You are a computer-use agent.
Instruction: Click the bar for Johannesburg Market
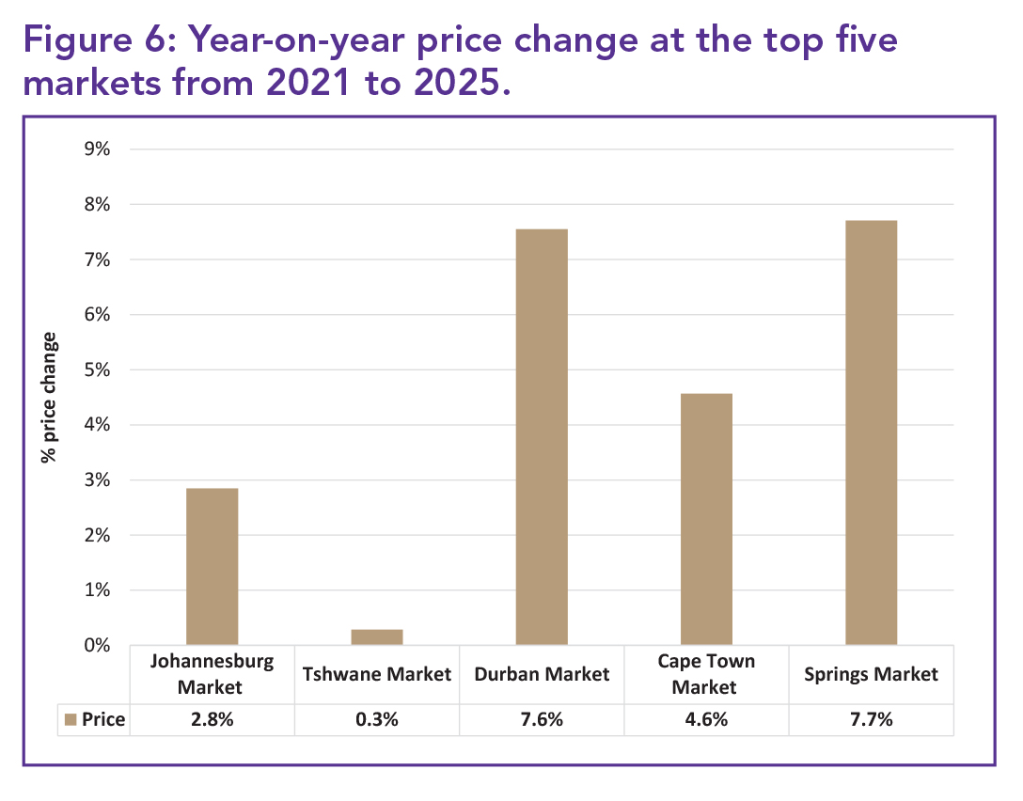click(x=212, y=567)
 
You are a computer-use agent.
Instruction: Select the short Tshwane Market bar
click(x=376, y=637)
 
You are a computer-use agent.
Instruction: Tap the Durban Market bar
click(x=541, y=437)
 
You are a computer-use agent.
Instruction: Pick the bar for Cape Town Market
click(x=706, y=519)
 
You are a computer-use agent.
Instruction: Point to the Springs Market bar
click(x=871, y=432)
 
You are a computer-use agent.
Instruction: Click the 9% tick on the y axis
click(x=98, y=149)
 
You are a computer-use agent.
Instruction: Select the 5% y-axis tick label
click(x=98, y=370)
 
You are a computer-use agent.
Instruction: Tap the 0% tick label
click(x=98, y=646)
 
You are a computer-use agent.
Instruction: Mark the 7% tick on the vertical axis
click(x=98, y=259)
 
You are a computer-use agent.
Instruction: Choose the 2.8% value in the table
click(x=212, y=720)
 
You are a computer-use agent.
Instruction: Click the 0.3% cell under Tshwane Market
click(x=376, y=720)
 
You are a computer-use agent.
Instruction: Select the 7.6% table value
click(x=541, y=720)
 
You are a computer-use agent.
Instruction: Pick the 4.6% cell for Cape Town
click(x=706, y=720)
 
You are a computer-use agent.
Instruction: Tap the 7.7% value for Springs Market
click(x=871, y=720)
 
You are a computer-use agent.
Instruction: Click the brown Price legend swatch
click(x=70, y=720)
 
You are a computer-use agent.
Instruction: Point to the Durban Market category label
click(x=542, y=674)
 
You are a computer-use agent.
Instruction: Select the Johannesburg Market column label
click(x=212, y=674)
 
